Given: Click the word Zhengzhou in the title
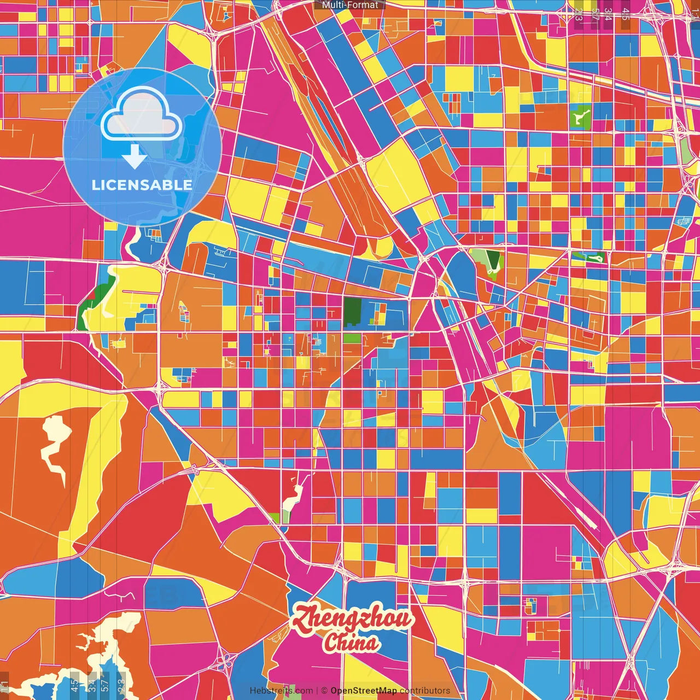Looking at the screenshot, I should click(x=352, y=620).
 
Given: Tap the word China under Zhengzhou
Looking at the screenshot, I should click(x=350, y=643).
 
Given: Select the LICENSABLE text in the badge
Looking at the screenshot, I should click(x=142, y=185).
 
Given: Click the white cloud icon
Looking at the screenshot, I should click(x=141, y=116).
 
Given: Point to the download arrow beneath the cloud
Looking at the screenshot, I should click(x=135, y=157).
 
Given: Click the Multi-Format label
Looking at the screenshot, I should click(x=350, y=5).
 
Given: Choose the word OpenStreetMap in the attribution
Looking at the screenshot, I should click(x=363, y=691).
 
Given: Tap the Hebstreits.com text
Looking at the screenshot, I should click(x=282, y=691).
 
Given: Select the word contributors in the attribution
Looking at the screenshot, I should click(x=425, y=691).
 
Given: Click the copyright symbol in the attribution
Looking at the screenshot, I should click(x=324, y=691).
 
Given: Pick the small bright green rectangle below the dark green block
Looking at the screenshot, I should click(x=352, y=338).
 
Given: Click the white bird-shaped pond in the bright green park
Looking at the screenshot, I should click(x=580, y=116).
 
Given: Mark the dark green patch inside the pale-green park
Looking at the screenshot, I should click(x=493, y=260).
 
